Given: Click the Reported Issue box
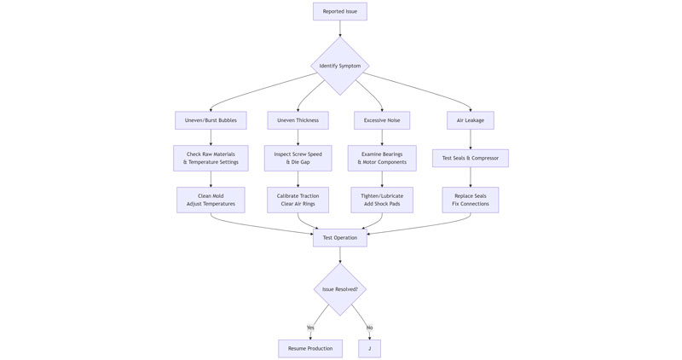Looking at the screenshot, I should click(339, 11).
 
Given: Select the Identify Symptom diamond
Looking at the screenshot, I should click(339, 66).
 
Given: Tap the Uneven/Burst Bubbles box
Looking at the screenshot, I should click(211, 120).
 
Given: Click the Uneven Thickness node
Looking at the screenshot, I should click(298, 120).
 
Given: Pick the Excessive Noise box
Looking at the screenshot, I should click(382, 120).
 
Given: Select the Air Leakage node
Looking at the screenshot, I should click(470, 120).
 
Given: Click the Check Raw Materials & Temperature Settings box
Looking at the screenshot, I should click(211, 158).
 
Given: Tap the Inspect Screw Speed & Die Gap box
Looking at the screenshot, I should click(298, 158).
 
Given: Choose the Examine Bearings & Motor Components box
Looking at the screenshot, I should click(382, 158).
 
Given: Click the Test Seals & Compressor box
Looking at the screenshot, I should click(470, 158).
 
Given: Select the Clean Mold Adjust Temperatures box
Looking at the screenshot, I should click(211, 200).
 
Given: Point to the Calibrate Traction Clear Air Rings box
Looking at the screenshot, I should click(298, 200).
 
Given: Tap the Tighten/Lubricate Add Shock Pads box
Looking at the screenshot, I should click(382, 200).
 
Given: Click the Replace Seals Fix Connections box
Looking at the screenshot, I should click(470, 200).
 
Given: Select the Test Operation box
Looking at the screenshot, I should click(339, 238).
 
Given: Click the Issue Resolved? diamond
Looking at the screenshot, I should click(339, 289).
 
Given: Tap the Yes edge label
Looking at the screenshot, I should click(310, 328).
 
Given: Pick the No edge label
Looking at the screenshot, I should click(369, 328).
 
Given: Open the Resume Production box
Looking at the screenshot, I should click(310, 348).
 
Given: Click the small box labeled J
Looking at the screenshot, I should click(369, 348).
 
